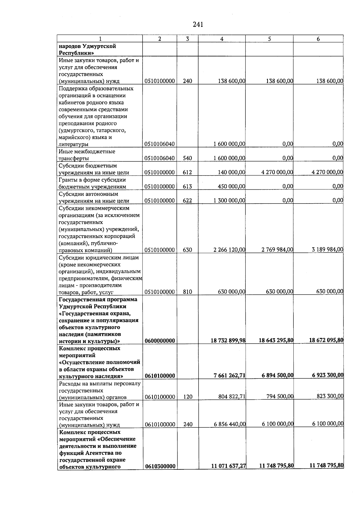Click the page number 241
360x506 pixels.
tap(198, 25)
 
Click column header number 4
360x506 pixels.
tap(222, 39)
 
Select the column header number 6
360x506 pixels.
tap(318, 39)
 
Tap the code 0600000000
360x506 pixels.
tap(160, 341)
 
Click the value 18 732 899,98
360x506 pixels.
tap(228, 340)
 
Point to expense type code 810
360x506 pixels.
tap(187, 291)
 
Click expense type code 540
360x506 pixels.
tap(187, 158)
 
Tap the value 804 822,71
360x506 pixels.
tap(232, 397)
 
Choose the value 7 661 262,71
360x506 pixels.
tap(229, 375)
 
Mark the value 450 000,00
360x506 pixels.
tap(231, 186)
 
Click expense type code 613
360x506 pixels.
tap(187, 186)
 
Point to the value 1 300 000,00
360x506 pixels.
tap(229, 200)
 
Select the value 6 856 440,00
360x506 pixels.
tap(229, 424)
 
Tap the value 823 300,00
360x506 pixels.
tap(330, 396)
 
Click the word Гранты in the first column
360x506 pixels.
tap(67, 180)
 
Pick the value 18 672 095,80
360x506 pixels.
tap(326, 340)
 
